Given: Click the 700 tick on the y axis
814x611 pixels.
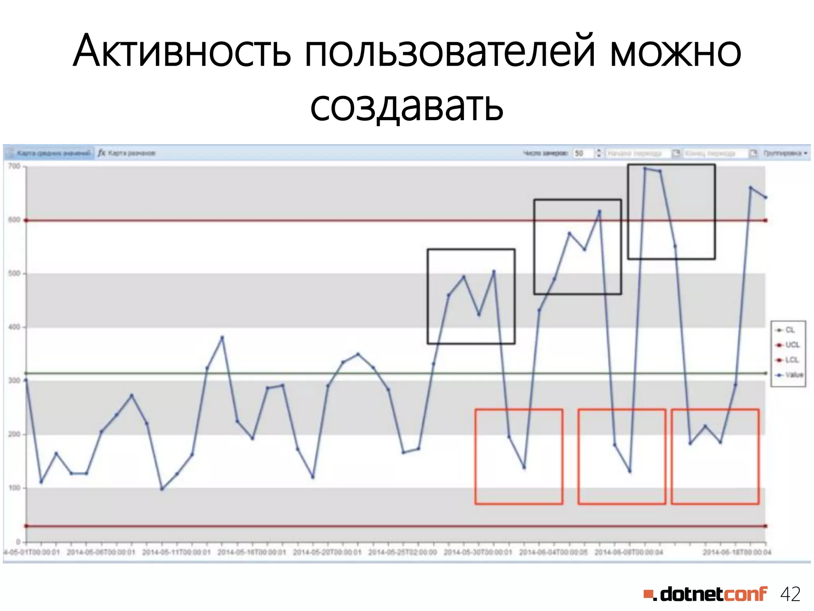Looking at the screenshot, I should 14,166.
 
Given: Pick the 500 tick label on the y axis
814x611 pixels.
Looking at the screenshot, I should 14,274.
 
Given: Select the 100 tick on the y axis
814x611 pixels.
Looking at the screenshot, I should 14,488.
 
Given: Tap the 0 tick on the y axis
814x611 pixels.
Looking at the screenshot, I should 18,542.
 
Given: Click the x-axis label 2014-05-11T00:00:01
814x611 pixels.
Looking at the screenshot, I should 176,553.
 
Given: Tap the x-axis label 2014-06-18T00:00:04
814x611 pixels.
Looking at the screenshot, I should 737,553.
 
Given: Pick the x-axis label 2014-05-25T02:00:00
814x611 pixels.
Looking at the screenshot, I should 402,553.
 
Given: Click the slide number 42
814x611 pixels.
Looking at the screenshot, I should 790,594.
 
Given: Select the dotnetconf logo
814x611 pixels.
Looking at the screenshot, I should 705,594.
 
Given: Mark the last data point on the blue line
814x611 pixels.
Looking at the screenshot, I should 766,197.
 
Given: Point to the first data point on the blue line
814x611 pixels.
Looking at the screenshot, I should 26,380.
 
